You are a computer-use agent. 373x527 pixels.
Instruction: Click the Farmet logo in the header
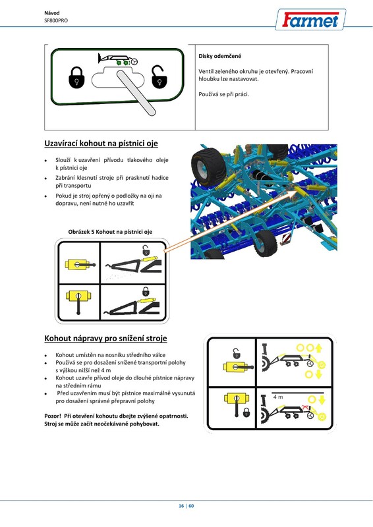coord(310,20)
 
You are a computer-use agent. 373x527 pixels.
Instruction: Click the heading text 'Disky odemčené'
coord(219,56)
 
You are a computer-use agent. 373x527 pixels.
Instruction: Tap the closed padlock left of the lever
coord(76,77)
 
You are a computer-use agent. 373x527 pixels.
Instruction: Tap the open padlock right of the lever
coord(159,76)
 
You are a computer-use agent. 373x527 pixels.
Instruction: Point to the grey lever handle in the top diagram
coord(136,93)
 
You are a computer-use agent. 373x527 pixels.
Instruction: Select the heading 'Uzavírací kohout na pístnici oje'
coord(101,144)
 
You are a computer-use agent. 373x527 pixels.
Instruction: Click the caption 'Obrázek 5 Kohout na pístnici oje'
coord(110,232)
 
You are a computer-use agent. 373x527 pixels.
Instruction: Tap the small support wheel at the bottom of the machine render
coord(265,242)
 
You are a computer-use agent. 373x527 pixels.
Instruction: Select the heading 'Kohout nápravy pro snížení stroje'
coord(105,339)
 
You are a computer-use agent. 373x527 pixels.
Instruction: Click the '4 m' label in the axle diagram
coord(278,397)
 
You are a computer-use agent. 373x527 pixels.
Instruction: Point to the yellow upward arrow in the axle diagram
coord(319,348)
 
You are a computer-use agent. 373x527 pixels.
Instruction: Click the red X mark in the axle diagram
coord(305,407)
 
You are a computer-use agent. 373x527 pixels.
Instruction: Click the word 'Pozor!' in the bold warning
coord(53,416)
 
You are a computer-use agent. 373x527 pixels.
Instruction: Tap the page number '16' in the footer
coord(181,506)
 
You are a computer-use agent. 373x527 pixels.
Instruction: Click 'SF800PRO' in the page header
coord(56,20)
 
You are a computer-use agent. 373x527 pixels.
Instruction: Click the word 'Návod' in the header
coord(52,13)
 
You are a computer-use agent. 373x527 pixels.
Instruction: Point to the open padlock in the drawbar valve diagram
coord(146,250)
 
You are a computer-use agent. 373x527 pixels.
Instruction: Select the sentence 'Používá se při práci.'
coord(223,94)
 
